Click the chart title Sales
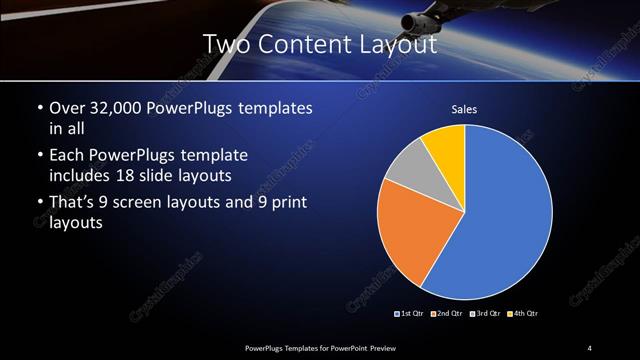tap(465, 110)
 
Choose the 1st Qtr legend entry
tap(412, 314)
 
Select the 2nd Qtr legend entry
tap(449, 314)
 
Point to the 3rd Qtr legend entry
tap(486, 314)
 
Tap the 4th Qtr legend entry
tap(523, 314)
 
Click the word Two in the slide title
tap(224, 45)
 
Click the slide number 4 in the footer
tap(590, 347)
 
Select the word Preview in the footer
tap(393, 347)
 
